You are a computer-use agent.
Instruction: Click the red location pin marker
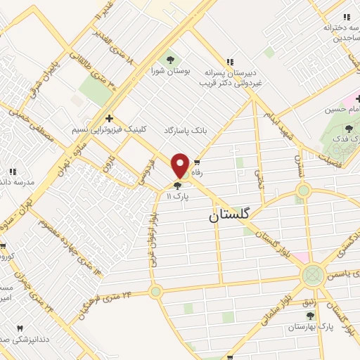180,166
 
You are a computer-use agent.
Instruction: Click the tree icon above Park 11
176,186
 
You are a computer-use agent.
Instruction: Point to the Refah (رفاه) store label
198,172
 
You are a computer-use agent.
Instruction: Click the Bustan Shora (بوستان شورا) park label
168,70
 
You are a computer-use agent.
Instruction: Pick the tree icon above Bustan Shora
169,58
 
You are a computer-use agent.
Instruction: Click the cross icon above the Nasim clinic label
108,119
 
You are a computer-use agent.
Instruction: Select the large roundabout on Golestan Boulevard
313,274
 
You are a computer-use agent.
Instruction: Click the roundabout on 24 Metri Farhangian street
155,290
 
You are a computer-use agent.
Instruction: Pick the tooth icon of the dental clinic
19,328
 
